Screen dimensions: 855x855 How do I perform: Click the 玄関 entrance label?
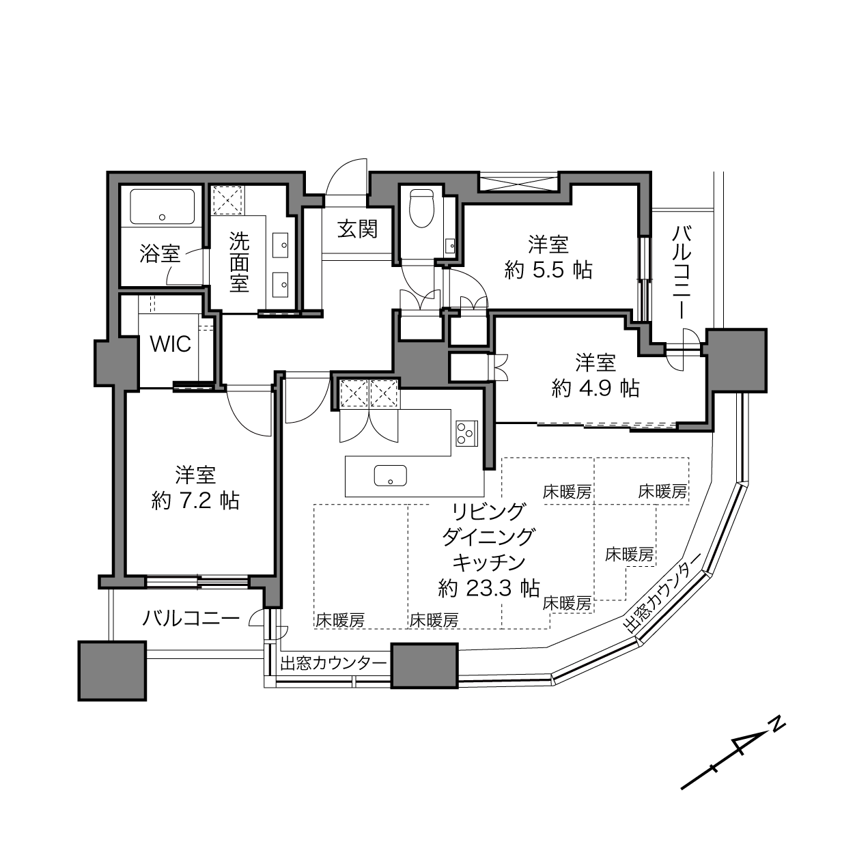(357, 229)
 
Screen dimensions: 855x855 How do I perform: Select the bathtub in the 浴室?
(163, 206)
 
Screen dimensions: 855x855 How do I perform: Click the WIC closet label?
(170, 344)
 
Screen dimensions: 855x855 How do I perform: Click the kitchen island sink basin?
(391, 475)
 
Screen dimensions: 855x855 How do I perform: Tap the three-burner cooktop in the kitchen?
(466, 432)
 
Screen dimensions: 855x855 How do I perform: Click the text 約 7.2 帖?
(195, 501)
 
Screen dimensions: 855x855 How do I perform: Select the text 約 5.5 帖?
(548, 269)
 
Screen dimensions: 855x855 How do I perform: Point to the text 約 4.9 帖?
(595, 389)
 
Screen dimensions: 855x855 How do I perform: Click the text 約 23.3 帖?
(488, 589)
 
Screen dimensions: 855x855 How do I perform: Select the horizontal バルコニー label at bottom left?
(191, 619)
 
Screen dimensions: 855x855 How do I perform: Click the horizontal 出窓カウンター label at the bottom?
(333, 663)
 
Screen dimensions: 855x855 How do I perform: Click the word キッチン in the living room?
(488, 562)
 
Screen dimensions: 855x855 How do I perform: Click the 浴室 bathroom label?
(160, 253)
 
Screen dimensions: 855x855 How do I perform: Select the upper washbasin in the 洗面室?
(280, 245)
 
